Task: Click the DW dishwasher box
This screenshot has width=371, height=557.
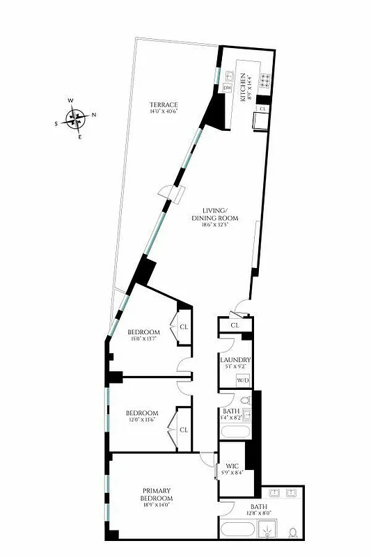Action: [227, 88]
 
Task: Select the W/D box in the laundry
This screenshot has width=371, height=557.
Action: [244, 381]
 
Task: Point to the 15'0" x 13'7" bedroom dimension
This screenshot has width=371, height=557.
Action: [145, 340]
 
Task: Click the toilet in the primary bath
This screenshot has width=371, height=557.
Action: [293, 533]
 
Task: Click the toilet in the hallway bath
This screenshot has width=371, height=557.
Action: [245, 401]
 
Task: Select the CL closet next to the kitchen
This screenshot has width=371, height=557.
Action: [262, 109]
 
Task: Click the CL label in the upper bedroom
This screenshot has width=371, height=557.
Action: [184, 327]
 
